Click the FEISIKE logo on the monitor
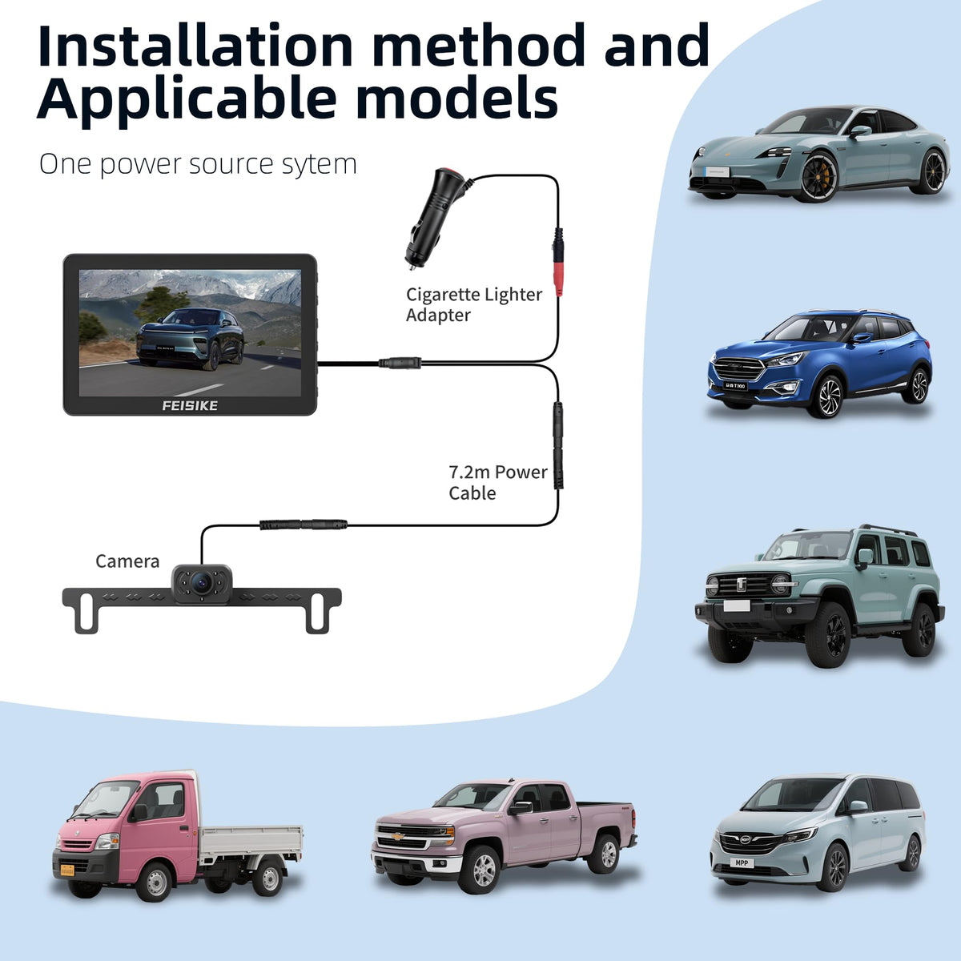(x=190, y=405)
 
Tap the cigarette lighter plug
(x=433, y=218)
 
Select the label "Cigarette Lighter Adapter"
(x=474, y=304)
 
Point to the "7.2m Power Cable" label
(x=497, y=482)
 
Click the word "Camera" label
(x=127, y=561)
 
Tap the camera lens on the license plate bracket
(x=202, y=581)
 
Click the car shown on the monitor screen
(x=190, y=339)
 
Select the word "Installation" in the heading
(x=195, y=46)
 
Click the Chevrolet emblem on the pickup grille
(x=398, y=836)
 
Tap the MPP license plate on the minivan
(x=742, y=862)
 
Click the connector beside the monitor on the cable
(x=400, y=363)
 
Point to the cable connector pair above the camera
(x=304, y=525)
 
